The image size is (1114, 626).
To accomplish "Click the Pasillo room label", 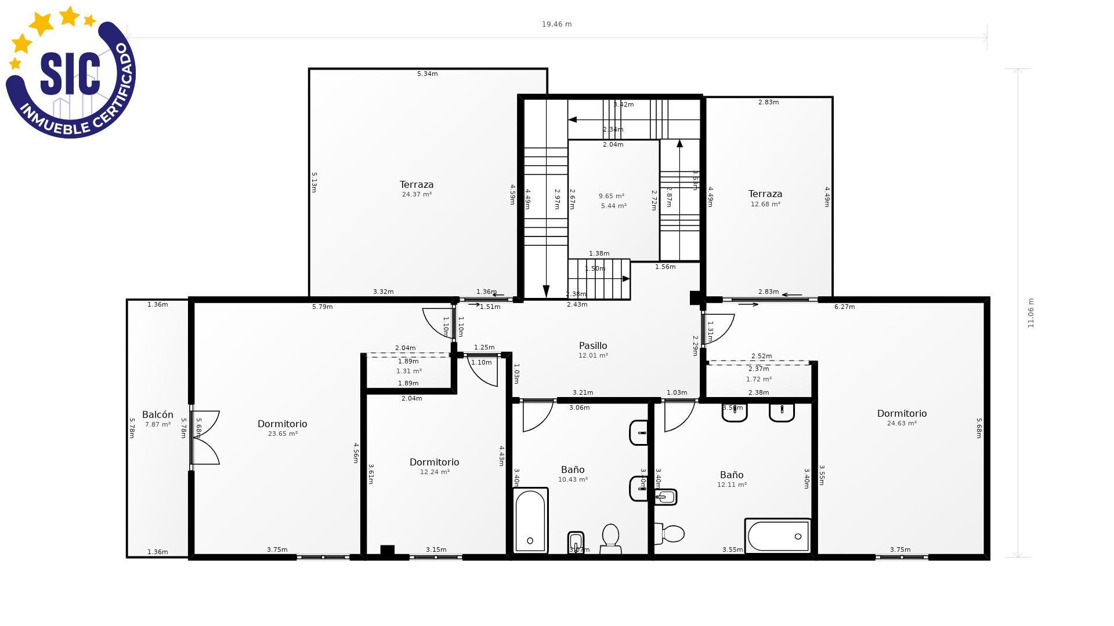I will pos(593,346).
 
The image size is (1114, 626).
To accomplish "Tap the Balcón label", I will pos(158,415).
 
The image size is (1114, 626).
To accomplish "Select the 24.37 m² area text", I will pos(417,195).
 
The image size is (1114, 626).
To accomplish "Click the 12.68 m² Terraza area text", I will pos(765,205).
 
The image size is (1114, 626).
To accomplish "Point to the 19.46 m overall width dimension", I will pos(556,24).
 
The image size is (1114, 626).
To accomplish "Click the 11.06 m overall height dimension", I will pos(1031,313).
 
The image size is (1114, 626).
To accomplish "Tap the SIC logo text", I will pos(70,74).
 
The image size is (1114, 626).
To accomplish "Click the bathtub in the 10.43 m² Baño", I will pos(530,521).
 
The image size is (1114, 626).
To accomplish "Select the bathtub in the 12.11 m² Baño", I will pos(777,536).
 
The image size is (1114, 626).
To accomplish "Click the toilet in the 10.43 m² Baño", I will pos(610,538).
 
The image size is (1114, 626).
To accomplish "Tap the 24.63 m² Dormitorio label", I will pos(902,414).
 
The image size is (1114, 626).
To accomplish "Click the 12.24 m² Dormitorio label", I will pos(434,463).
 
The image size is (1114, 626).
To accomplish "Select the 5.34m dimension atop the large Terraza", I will pos(428,74).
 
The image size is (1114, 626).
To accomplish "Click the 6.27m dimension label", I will pos(844,307).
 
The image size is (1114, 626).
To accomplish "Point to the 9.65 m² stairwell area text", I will pos(612,196).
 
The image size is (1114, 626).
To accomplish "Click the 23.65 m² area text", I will pos(283,434).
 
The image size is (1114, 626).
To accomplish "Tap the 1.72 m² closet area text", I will pos(758,380).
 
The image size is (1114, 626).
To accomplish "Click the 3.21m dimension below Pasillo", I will pos(583,393).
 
